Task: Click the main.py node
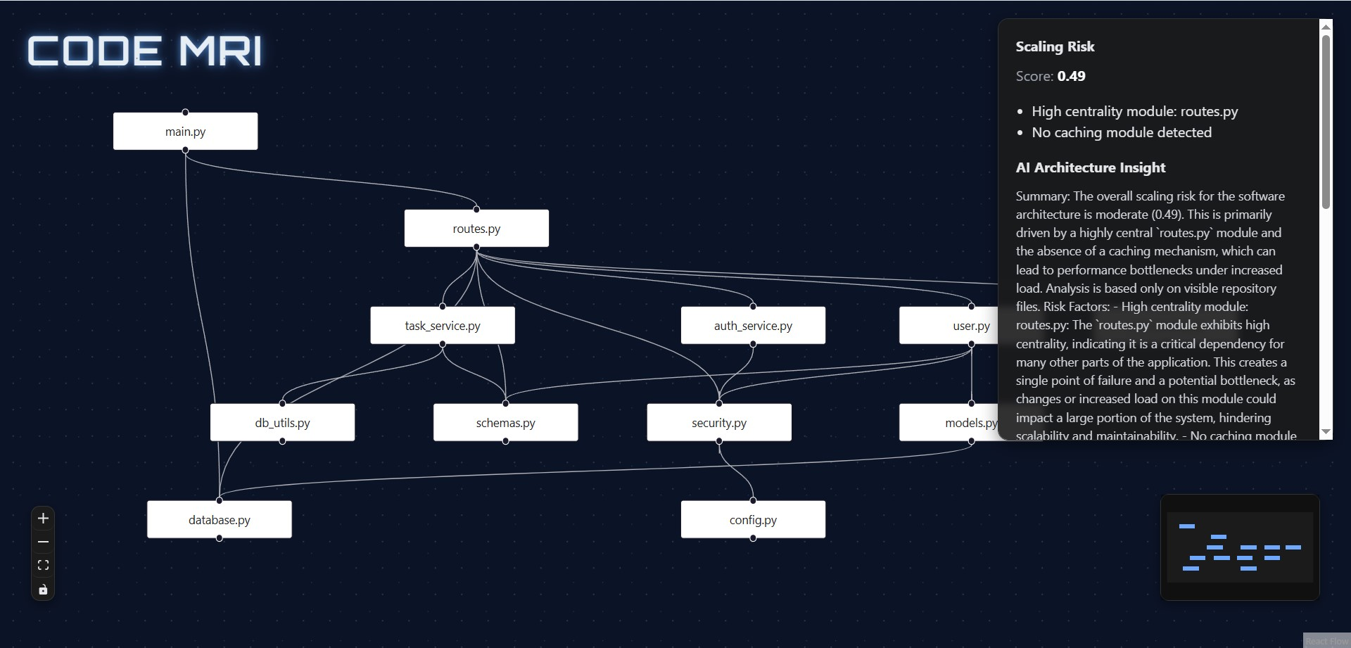pyautogui.click(x=185, y=132)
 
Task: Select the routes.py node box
pyautogui.click(x=476, y=229)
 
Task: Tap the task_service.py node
pyautogui.click(x=443, y=326)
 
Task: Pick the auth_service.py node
pyautogui.click(x=753, y=326)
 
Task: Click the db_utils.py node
pyautogui.click(x=282, y=423)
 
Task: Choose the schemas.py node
pyautogui.click(x=505, y=423)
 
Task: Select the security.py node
pyautogui.click(x=718, y=423)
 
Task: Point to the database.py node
pyautogui.click(x=219, y=520)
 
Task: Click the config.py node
pyautogui.click(x=753, y=520)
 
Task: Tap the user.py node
pyautogui.click(x=950, y=326)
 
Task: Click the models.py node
pyautogui.click(x=950, y=423)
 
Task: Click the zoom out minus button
pyautogui.click(x=43, y=542)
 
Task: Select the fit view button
pyautogui.click(x=43, y=565)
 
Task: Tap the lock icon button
pyautogui.click(x=43, y=589)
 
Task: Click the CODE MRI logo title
pyautogui.click(x=145, y=51)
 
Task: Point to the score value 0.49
pyautogui.click(x=1071, y=76)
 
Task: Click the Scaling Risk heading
pyautogui.click(x=1055, y=46)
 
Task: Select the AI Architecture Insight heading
pyautogui.click(x=1090, y=167)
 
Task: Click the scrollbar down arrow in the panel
pyautogui.click(x=1326, y=431)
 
